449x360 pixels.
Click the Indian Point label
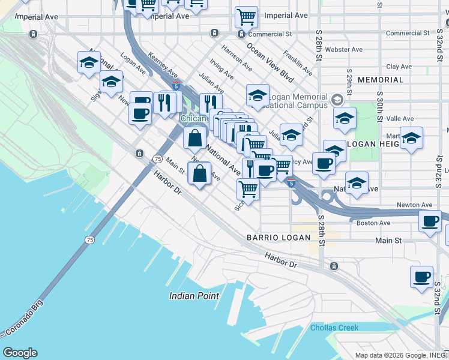pyautogui.click(x=195, y=295)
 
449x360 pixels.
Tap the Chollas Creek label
pyautogui.click(x=334, y=328)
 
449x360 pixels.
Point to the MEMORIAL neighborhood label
pyautogui.click(x=381, y=80)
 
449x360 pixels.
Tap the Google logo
pyautogui.click(x=20, y=353)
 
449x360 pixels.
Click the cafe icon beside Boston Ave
pyautogui.click(x=430, y=221)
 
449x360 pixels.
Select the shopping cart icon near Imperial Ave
pyautogui.click(x=246, y=18)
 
